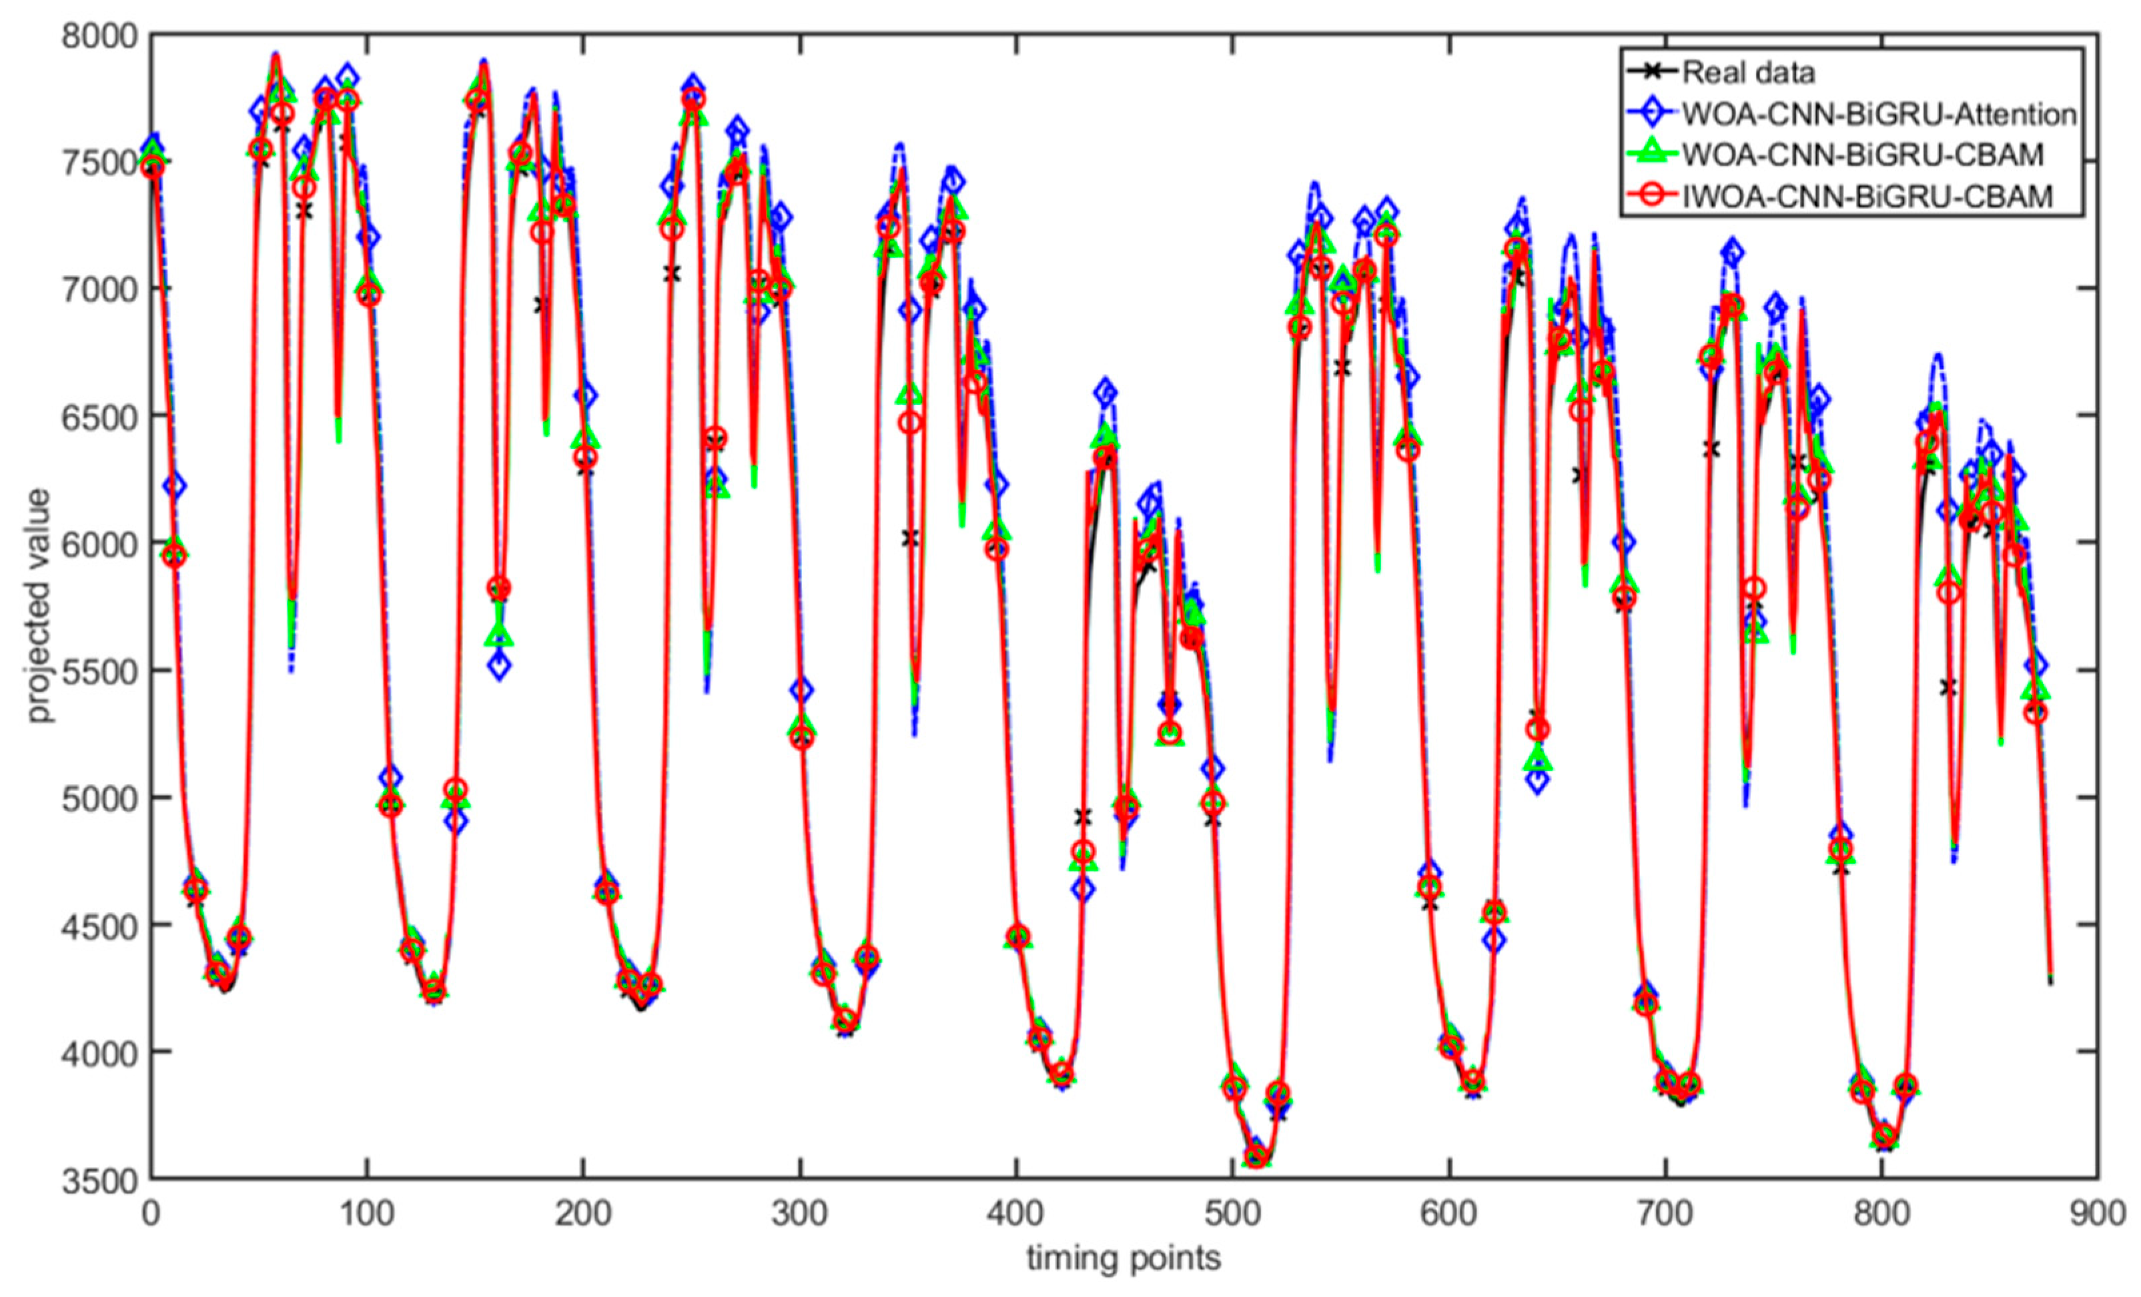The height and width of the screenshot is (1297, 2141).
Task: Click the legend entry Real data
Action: click(x=1748, y=72)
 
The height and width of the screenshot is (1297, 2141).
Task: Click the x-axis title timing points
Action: click(x=1124, y=1257)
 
